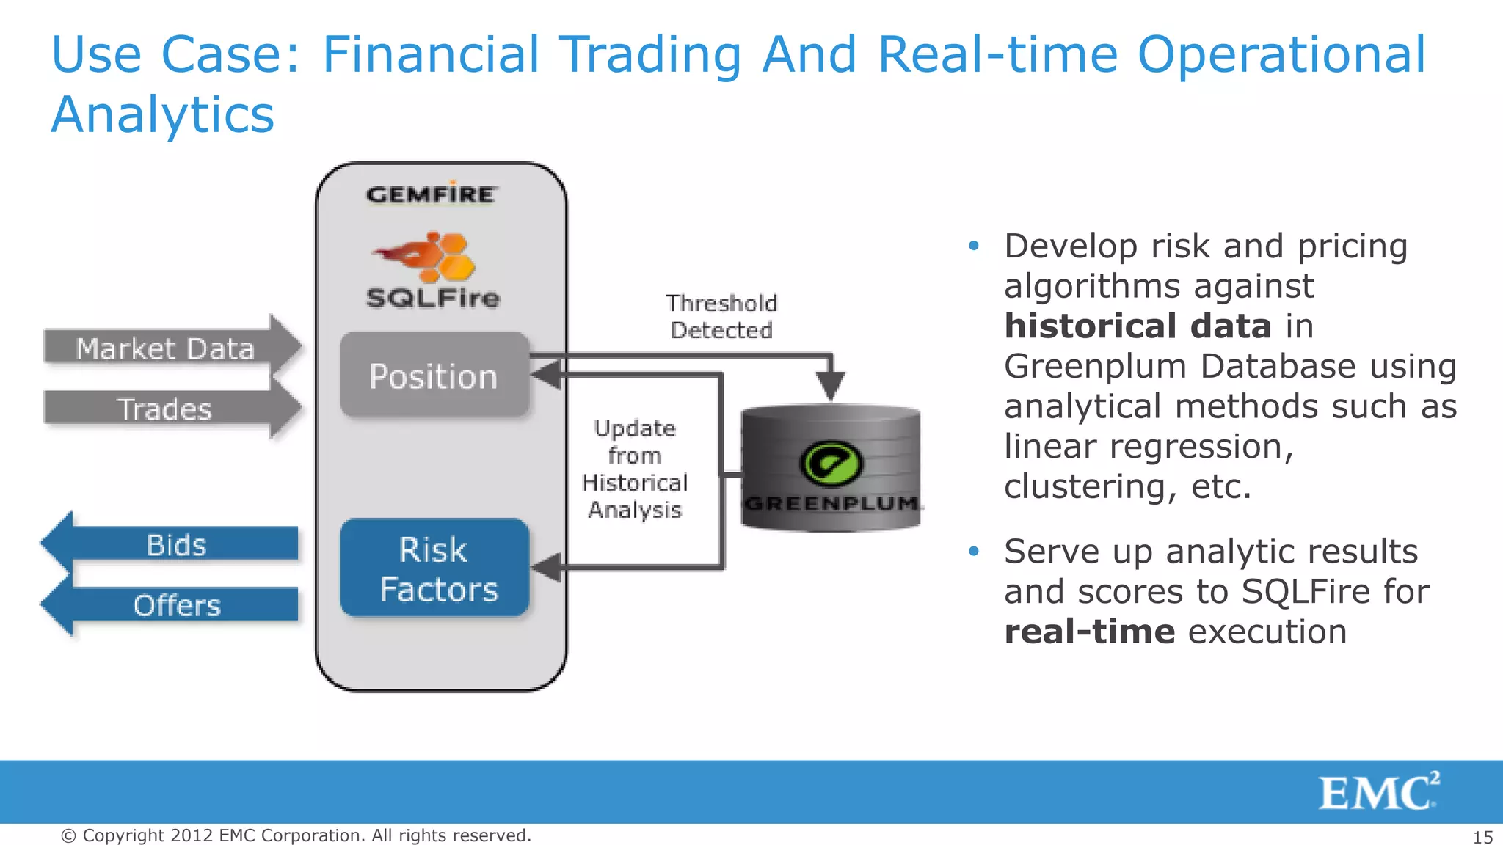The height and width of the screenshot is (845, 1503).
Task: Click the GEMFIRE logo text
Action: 432,194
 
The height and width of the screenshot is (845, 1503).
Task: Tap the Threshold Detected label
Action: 721,316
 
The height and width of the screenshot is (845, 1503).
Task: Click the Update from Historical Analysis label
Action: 635,469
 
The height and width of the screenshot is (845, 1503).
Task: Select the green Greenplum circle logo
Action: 831,463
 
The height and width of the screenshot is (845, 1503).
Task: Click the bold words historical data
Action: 1138,326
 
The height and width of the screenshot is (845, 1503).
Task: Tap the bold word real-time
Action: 1089,632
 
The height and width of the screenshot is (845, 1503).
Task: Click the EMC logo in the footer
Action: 1378,792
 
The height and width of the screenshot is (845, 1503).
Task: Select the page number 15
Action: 1482,837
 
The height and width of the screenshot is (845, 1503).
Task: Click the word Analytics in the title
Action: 163,115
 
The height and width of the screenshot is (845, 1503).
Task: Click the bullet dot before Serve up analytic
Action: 974,551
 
